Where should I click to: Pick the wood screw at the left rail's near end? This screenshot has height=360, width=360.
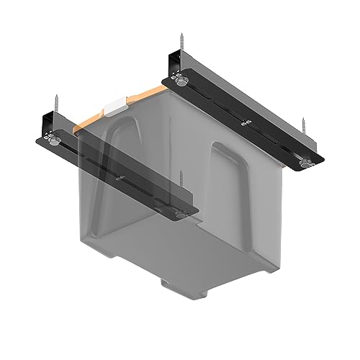tap(181, 184)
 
